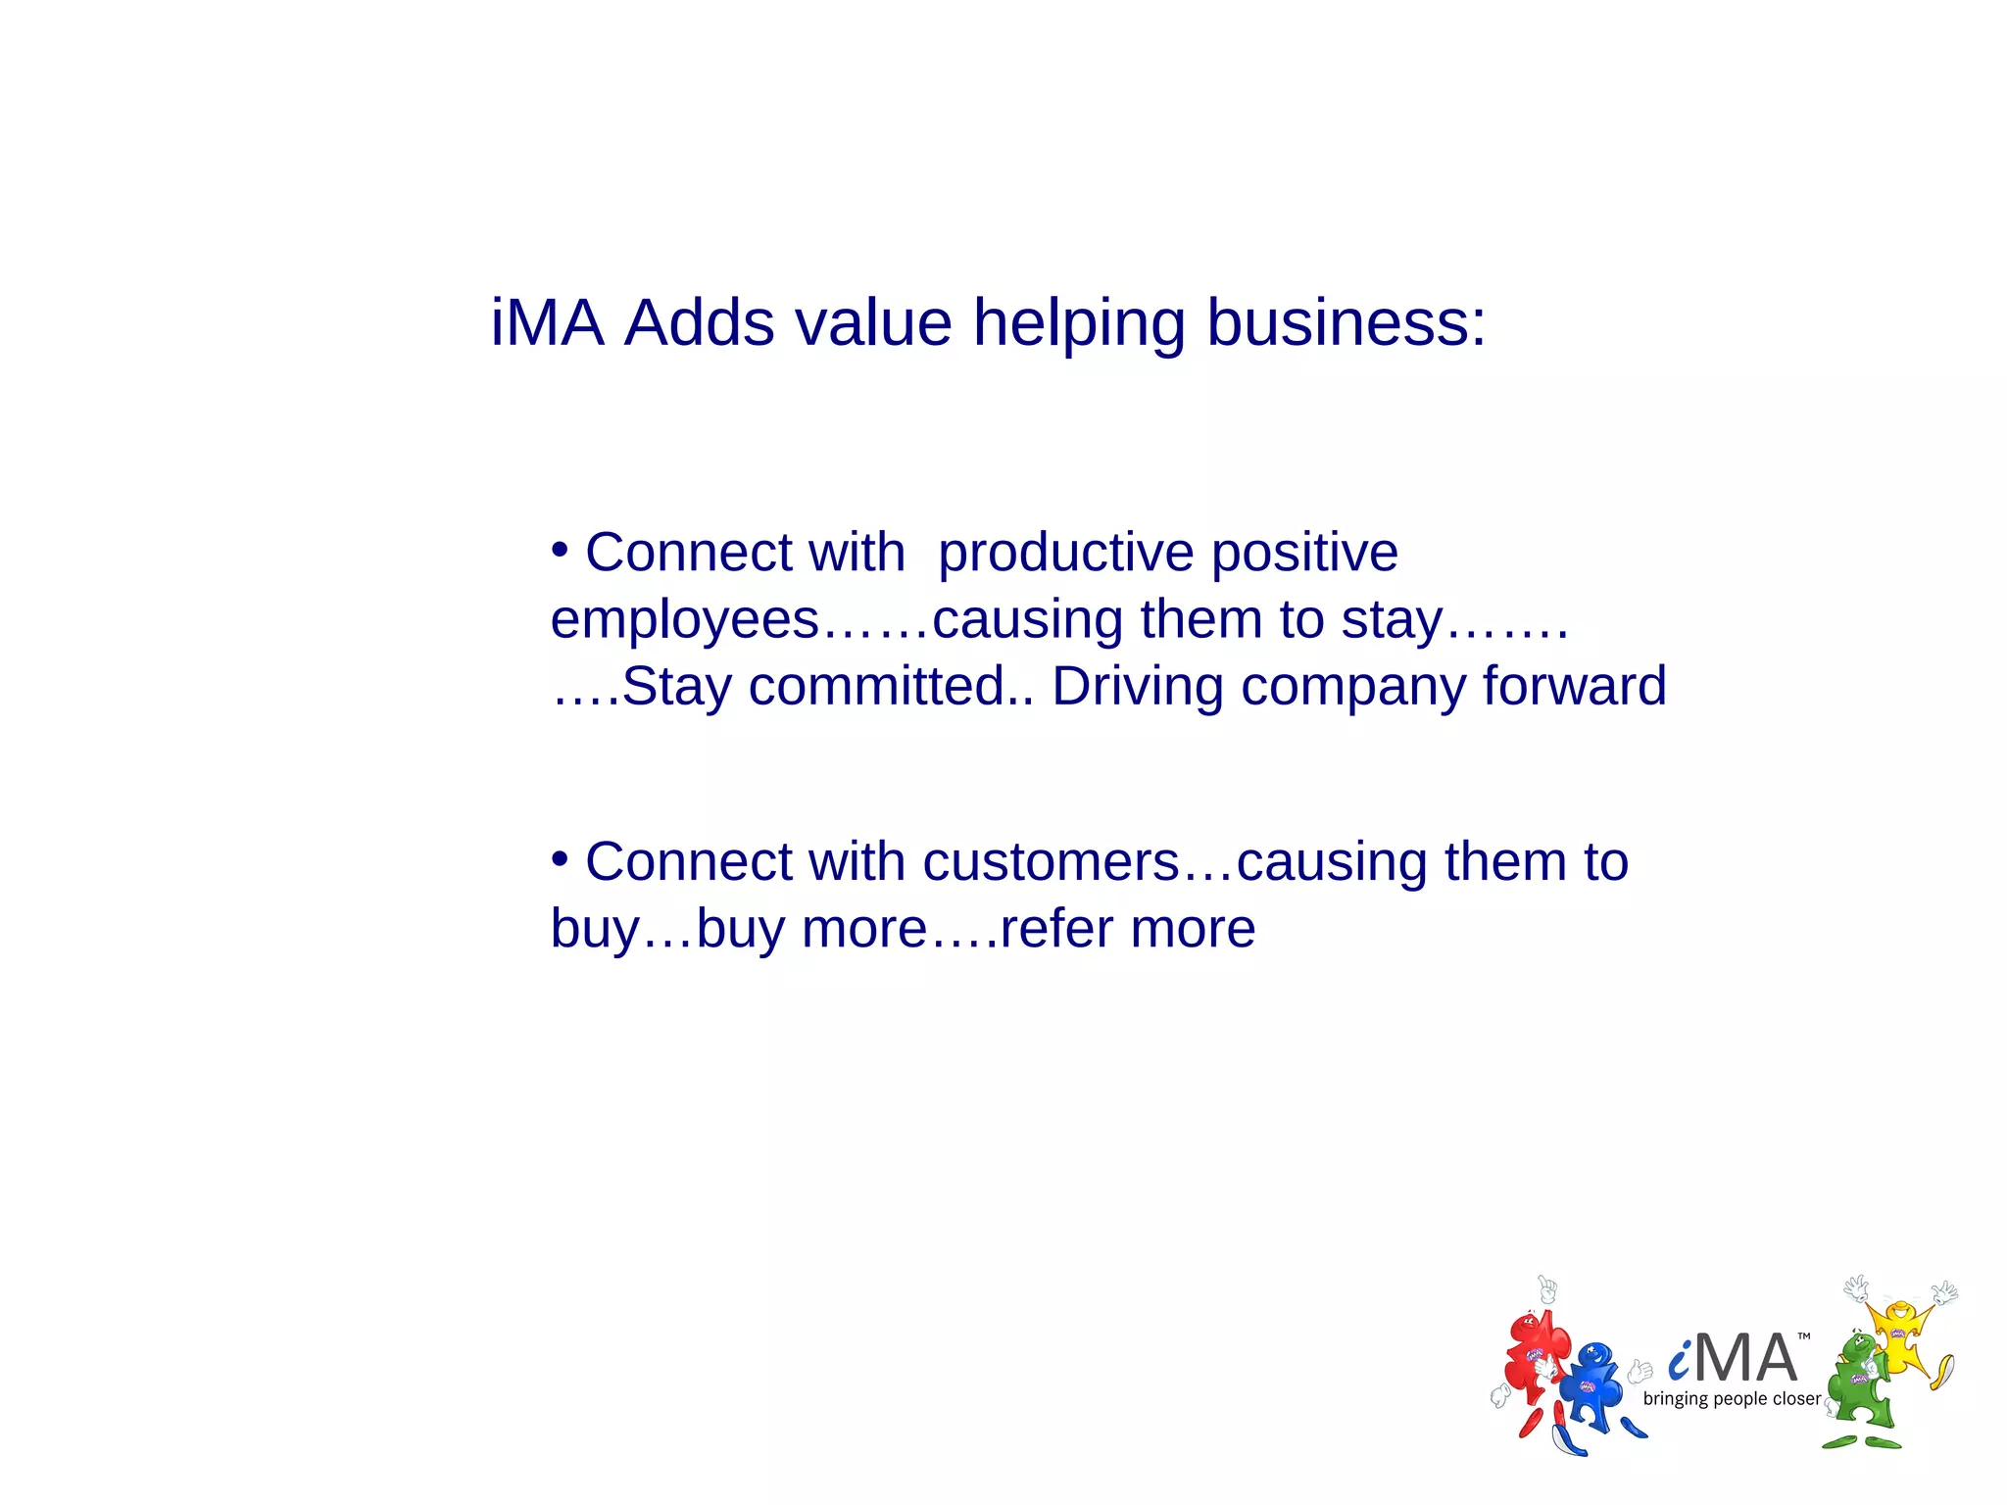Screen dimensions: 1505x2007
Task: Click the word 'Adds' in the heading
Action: pyautogui.click(x=699, y=323)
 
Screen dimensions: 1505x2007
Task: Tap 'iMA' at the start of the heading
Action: pyautogui.click(x=547, y=323)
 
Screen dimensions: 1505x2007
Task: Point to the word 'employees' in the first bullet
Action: pyautogui.click(x=684, y=621)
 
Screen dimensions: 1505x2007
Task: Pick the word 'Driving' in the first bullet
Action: pyautogui.click(x=1137, y=686)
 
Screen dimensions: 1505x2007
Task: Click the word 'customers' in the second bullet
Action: pyautogui.click(x=1051, y=862)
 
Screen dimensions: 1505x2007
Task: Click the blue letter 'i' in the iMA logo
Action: pyautogui.click(x=1680, y=1359)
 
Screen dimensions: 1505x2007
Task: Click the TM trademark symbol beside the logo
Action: pyautogui.click(x=1804, y=1336)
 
